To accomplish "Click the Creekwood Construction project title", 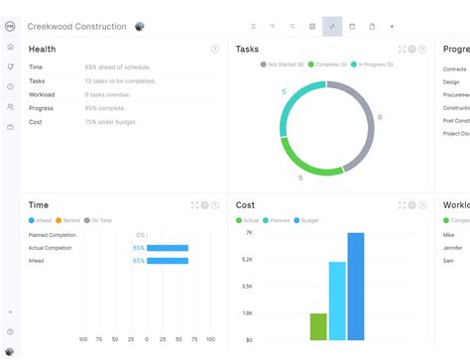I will pyautogui.click(x=77, y=26).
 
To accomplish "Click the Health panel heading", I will pyautogui.click(x=43, y=49).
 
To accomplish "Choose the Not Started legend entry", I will pyautogui.click(x=283, y=63).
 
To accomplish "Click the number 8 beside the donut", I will pyautogui.click(x=380, y=117).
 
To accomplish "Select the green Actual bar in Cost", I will pyautogui.click(x=318, y=326).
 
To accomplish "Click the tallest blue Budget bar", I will pyautogui.click(x=356, y=287).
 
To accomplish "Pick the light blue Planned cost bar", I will pyautogui.click(x=337, y=300).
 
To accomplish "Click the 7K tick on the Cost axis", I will pyautogui.click(x=249, y=232).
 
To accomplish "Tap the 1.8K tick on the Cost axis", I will pyautogui.click(x=248, y=312).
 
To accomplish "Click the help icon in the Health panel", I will pyautogui.click(x=215, y=49).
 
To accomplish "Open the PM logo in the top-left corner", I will pyautogui.click(x=10, y=26).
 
